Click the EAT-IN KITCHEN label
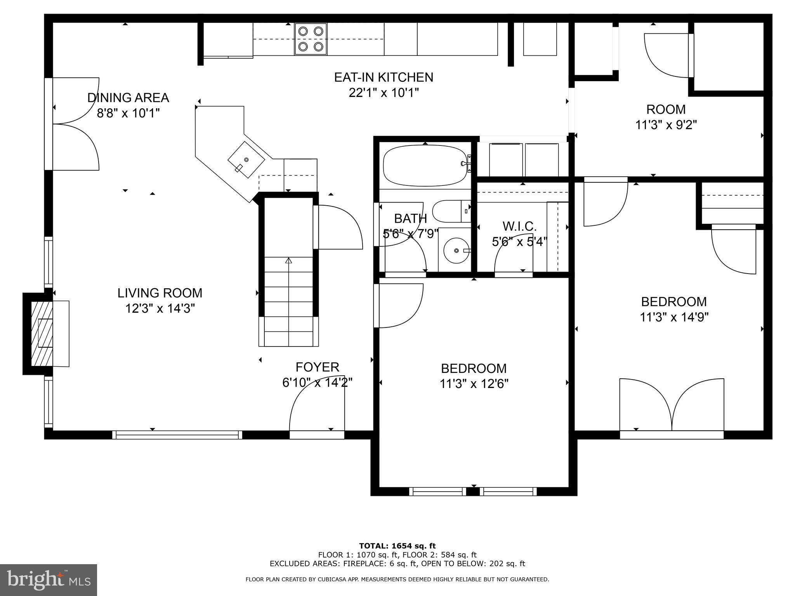click(x=384, y=77)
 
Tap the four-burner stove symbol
click(x=311, y=39)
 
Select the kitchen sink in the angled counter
click(x=246, y=160)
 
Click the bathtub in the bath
click(x=425, y=166)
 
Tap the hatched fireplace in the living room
click(x=42, y=334)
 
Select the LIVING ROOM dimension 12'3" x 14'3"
click(x=160, y=308)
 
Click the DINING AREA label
click(x=128, y=97)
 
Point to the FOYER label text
click(x=317, y=367)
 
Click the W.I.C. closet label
click(x=519, y=226)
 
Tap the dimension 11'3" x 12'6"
click(x=474, y=384)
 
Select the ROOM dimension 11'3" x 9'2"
click(x=666, y=125)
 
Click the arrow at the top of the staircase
click(x=288, y=261)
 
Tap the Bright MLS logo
click(x=49, y=580)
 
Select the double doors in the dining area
click(x=76, y=124)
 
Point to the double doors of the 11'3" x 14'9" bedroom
click(x=672, y=405)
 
